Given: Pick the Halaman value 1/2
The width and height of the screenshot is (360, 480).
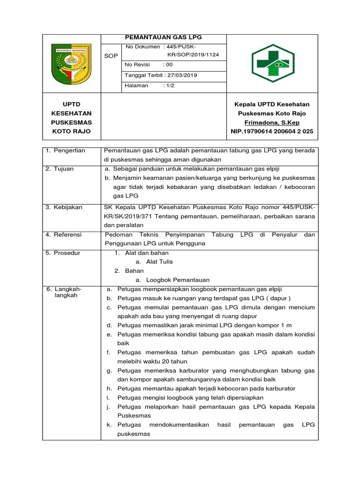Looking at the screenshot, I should tap(168, 85).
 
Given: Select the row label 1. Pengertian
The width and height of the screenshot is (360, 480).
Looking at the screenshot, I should tap(66, 150).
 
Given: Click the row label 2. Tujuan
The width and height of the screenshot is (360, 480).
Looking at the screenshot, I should tap(60, 169).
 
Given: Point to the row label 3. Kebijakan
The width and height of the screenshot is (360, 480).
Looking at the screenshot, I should tap(64, 207).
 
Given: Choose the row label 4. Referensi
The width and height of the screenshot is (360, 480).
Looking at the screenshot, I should tap(64, 234).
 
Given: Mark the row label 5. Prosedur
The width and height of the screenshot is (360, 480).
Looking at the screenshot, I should tap(63, 253).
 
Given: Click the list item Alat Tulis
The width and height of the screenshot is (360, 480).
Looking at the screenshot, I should tap(160, 262).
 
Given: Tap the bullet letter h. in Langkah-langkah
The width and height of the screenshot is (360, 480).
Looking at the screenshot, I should tap(109, 389).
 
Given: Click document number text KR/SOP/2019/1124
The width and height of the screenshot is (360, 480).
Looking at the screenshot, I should tap(193, 55).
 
